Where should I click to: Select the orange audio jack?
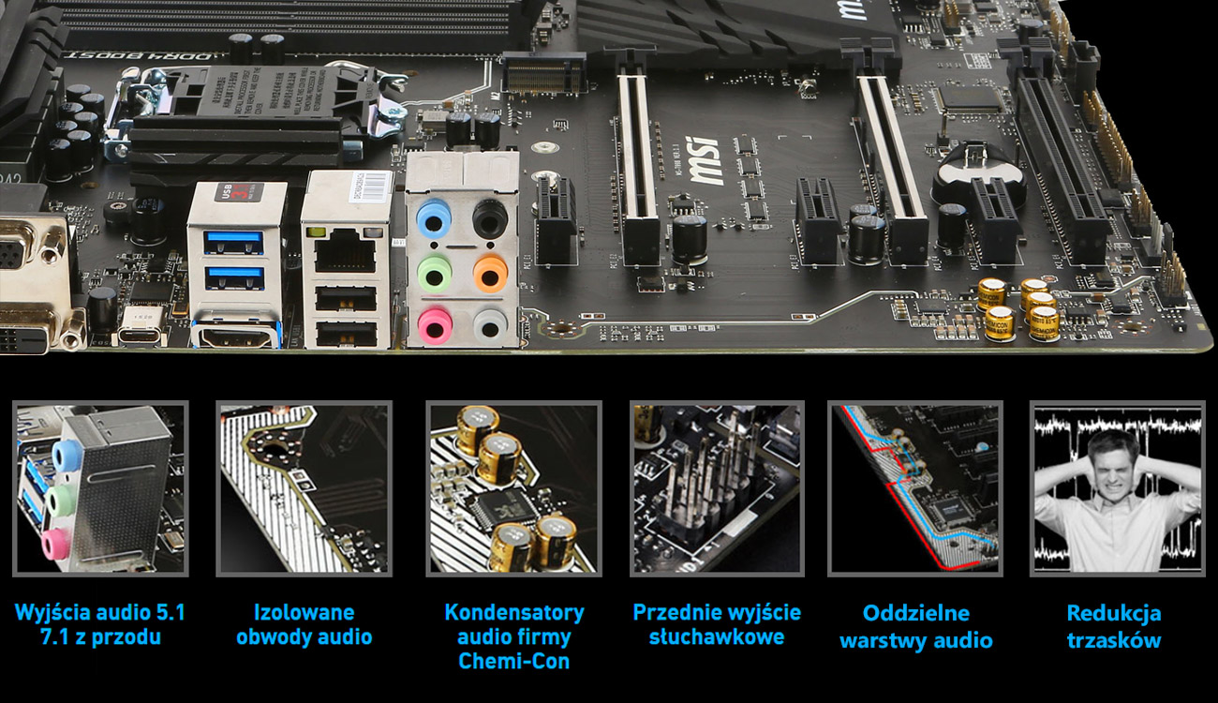tap(489, 274)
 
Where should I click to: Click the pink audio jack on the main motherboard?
tap(433, 325)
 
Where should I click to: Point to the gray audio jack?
tap(489, 325)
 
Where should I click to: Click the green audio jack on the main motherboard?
tap(433, 274)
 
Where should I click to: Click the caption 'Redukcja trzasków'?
tap(1113, 627)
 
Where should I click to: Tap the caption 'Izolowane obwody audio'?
tap(304, 625)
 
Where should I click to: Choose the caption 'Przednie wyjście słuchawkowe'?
tap(717, 625)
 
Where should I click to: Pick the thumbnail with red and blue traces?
tap(914, 488)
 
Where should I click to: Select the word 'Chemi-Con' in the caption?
tap(513, 661)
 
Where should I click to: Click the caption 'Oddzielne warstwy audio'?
tap(915, 627)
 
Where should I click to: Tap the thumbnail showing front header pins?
tap(717, 488)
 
